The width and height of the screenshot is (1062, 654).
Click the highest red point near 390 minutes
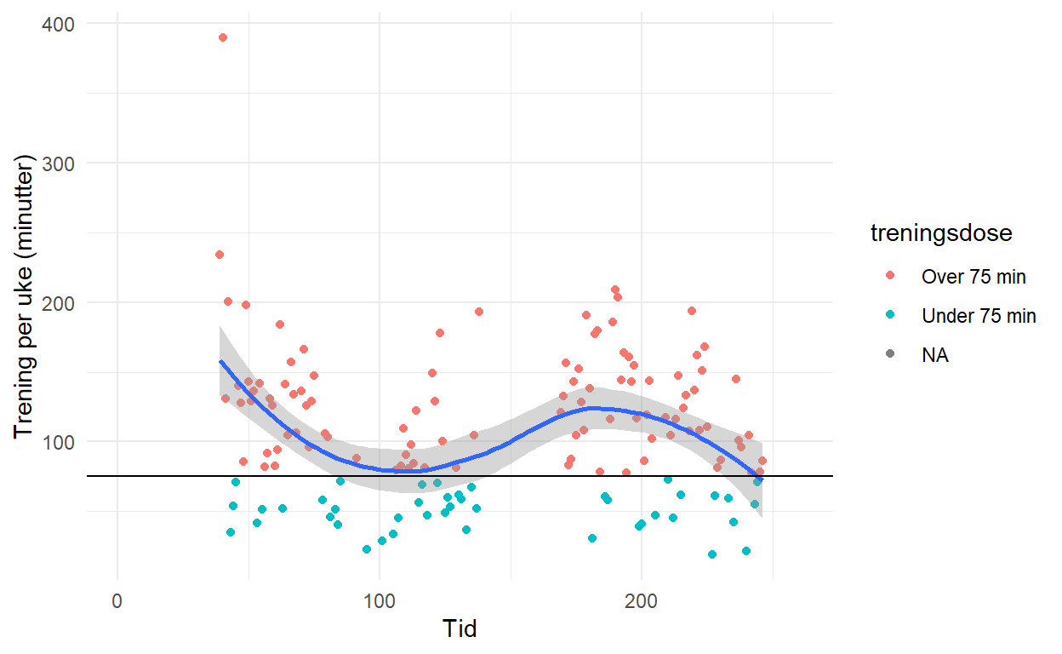[223, 37]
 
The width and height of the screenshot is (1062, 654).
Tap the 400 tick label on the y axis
[57, 24]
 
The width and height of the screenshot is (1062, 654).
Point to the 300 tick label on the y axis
[57, 163]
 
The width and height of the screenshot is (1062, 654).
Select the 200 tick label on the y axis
[57, 302]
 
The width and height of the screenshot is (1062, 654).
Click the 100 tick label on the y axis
[57, 441]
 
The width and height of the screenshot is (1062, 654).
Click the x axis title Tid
[460, 629]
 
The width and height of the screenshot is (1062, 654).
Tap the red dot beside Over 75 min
[889, 276]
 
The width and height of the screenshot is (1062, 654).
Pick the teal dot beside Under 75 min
[889, 316]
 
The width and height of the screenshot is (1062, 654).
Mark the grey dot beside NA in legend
[889, 355]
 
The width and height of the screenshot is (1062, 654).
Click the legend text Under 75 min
[979, 316]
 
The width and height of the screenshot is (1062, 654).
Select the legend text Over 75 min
[973, 276]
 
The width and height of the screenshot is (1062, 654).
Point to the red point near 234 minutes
[220, 255]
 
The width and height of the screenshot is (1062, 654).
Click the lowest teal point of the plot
[712, 554]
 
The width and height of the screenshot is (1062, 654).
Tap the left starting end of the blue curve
[220, 361]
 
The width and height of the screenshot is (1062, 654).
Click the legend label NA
[935, 355]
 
